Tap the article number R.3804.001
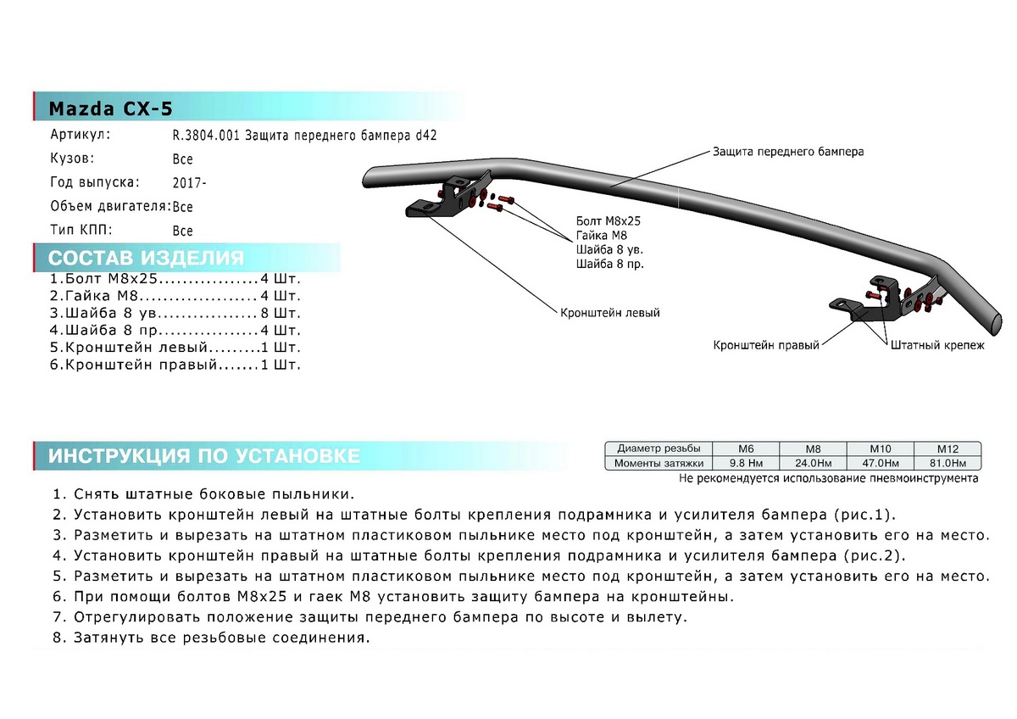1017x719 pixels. (207, 135)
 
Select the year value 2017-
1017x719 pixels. (189, 182)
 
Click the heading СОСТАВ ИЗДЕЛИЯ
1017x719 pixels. (146, 259)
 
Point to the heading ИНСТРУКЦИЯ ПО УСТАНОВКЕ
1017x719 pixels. (203, 456)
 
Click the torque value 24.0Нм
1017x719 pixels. (811, 463)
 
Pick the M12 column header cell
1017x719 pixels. (947, 449)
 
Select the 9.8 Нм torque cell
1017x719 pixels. (746, 463)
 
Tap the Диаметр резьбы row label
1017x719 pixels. (659, 449)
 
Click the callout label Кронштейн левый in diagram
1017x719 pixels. (609, 312)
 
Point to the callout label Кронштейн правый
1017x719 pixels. (766, 346)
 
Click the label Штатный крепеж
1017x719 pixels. (936, 346)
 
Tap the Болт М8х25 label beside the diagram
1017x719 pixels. (608, 220)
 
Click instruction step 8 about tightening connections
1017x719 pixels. (211, 637)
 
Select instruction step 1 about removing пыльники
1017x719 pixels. (203, 494)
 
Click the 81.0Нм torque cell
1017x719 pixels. (947, 463)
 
